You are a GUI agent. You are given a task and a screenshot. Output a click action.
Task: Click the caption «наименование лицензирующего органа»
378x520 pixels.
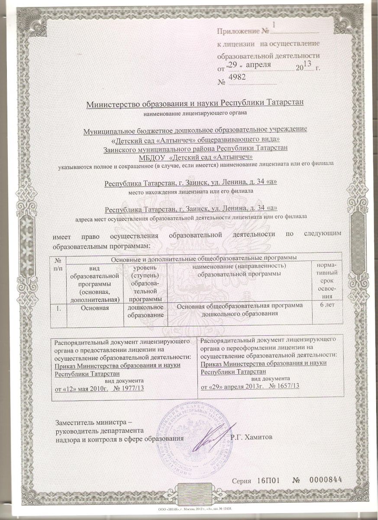[195, 114]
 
